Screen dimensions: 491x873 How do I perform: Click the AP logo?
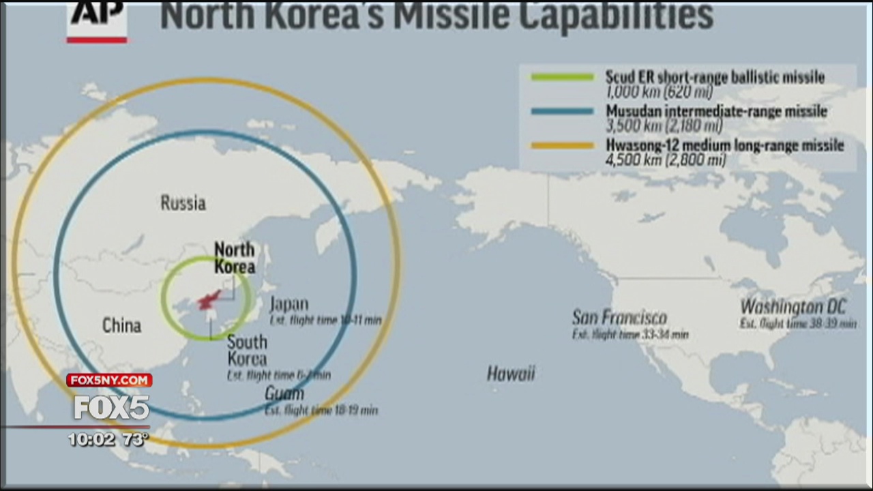[x=97, y=19]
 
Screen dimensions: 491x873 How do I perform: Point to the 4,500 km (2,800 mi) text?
[x=666, y=160]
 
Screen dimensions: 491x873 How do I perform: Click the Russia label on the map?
[x=183, y=203]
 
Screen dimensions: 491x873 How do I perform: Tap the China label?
[x=121, y=325]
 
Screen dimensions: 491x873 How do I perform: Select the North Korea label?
[x=235, y=258]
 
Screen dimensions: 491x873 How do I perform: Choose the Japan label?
[x=288, y=304]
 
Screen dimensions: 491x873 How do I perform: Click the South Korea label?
[x=247, y=350]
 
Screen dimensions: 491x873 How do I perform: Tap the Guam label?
[x=284, y=394]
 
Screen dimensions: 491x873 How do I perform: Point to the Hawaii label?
[x=511, y=373]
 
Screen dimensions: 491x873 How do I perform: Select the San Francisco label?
[x=619, y=317]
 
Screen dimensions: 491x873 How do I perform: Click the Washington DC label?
[x=793, y=307]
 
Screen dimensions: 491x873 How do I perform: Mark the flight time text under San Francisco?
[x=630, y=335]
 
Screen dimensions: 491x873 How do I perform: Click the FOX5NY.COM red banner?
[x=109, y=380]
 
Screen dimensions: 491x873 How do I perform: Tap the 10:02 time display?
[x=91, y=440]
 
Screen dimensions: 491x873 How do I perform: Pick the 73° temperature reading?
[x=135, y=440]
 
